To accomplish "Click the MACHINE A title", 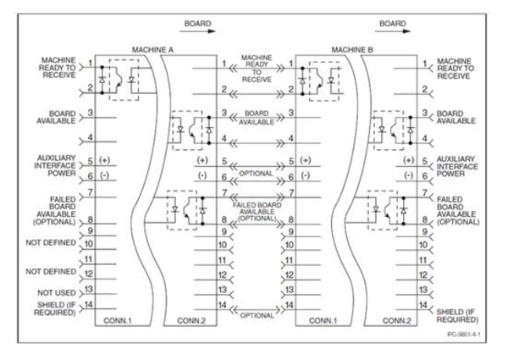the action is tap(152, 50).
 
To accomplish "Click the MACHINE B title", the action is tap(352, 50).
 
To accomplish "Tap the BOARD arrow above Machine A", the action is tap(197, 31).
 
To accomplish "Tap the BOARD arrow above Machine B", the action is tap(393, 31).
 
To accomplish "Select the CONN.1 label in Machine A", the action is tap(118, 321).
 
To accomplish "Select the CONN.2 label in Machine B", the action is tap(397, 321).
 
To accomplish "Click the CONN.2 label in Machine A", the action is tap(191, 321).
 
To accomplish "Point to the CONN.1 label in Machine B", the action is tap(323, 321).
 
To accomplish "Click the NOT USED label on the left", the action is tap(57, 293).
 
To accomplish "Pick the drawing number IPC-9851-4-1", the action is tap(464, 335).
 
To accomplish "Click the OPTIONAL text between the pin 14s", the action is tap(257, 315).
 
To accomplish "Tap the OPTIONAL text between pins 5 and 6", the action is tap(256, 174).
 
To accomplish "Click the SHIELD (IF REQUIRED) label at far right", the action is tap(457, 316).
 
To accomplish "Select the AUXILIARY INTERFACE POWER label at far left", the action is tap(55, 165).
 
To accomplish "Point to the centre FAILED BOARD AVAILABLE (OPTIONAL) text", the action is tap(257, 212).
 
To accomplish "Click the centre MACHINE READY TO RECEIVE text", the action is tap(257, 69).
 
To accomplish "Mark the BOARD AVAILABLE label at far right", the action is tap(456, 117).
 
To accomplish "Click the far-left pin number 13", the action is tap(88, 289).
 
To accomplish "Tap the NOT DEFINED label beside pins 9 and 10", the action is tap(51, 243).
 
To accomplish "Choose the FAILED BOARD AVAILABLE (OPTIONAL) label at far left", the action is tap(54, 211).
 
